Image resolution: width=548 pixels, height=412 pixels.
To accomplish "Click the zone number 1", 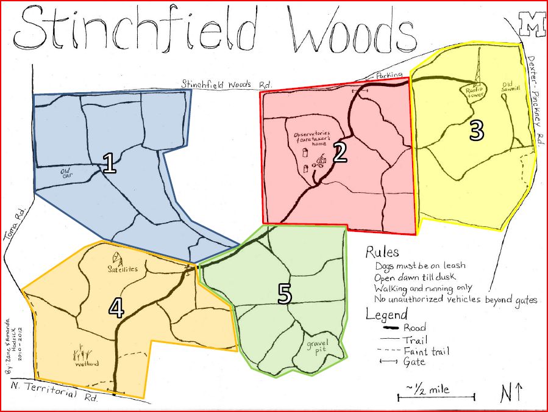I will [x=110, y=164].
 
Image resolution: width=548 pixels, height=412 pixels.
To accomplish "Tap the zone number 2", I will [x=340, y=153].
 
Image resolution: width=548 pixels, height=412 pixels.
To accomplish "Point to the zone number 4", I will [x=116, y=308].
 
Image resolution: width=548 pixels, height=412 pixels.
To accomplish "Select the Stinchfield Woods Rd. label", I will [x=226, y=84].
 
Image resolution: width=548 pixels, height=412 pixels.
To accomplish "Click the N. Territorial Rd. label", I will [x=54, y=391].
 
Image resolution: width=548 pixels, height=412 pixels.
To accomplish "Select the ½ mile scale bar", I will [x=436, y=397].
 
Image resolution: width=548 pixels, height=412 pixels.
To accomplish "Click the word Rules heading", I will [x=382, y=252].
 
